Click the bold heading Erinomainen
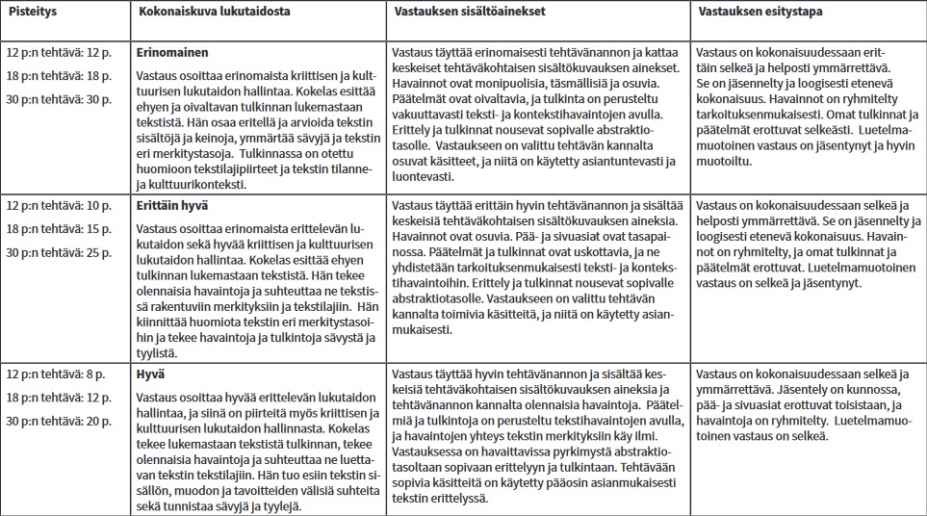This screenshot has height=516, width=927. click(172, 52)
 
